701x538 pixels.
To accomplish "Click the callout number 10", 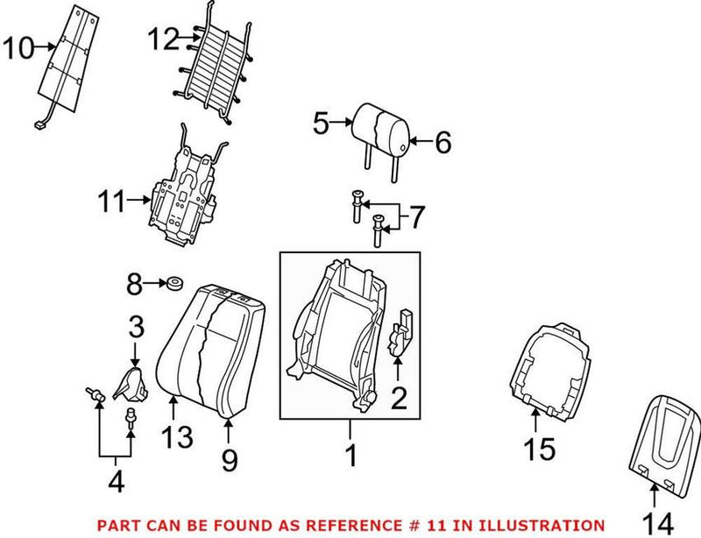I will click(18, 47).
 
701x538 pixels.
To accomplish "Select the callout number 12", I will click(161, 39).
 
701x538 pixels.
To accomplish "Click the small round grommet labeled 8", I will click(173, 283).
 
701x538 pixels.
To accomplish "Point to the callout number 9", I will click(229, 460).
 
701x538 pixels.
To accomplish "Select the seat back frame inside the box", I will click(333, 333).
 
